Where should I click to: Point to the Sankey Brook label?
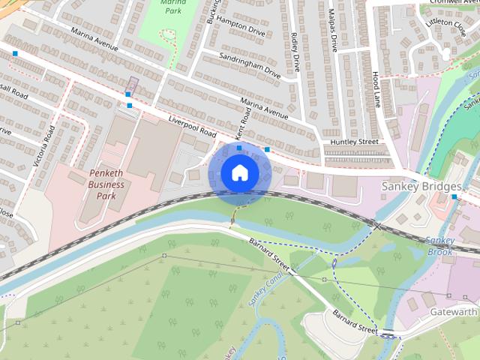coord(439,246)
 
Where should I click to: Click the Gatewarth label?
coord(454,311)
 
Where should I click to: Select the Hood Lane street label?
coord(376,89)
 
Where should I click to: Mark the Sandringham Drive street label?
coord(250,66)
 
